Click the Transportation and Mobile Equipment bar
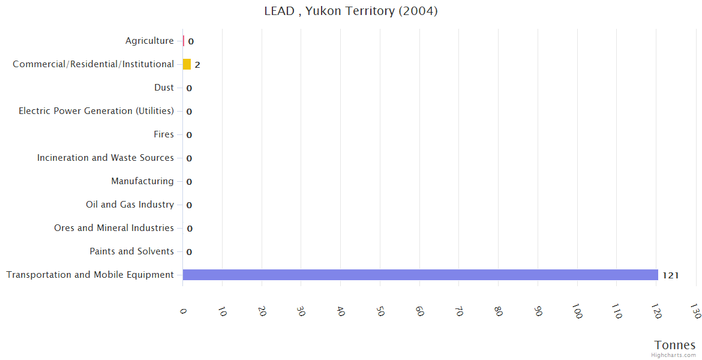[x=420, y=275]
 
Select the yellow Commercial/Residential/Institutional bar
[x=187, y=64]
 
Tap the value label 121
[x=670, y=275]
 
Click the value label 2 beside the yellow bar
[x=197, y=65]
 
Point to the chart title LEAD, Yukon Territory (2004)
[x=351, y=11]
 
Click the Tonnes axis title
[x=675, y=345]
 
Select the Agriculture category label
[x=149, y=41]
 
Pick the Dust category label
[x=164, y=88]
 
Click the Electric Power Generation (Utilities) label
[x=96, y=111]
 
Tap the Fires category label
[x=164, y=134]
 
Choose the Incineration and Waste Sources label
[x=106, y=158]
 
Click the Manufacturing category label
[x=142, y=181]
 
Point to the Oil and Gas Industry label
[x=130, y=205]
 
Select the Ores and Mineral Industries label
[x=114, y=228]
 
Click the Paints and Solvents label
[x=131, y=251]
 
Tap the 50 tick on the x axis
[x=380, y=311]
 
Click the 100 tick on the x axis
[x=577, y=312]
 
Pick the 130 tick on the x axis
[x=695, y=312]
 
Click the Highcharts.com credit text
[x=674, y=355]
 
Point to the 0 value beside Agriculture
[x=191, y=41]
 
